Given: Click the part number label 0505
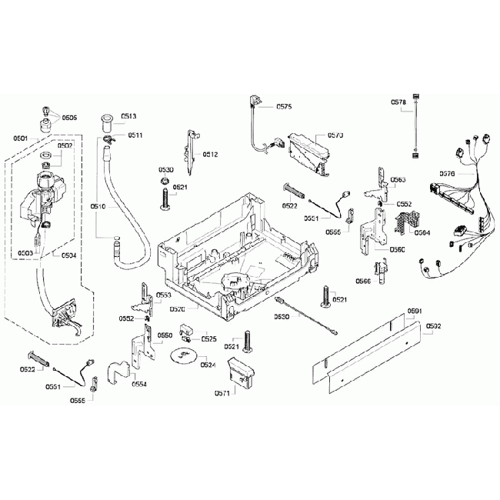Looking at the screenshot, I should (x=70, y=118).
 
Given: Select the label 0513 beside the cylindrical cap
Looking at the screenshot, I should (x=128, y=116).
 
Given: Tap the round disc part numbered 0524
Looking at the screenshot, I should (x=183, y=356).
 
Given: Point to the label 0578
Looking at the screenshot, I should (x=398, y=102).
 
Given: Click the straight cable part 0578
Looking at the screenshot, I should (x=416, y=127).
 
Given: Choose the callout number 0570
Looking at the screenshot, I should (x=335, y=135).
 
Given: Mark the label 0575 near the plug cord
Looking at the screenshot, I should (x=282, y=107).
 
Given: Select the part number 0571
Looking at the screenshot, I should (x=222, y=393).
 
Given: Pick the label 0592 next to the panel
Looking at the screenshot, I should (x=433, y=326).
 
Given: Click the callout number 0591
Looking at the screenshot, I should (x=415, y=311).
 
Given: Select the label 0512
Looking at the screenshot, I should (x=212, y=155).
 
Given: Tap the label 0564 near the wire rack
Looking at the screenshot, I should (x=422, y=232).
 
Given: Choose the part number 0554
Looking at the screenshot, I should (x=140, y=383).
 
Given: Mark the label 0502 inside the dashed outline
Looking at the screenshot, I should (x=65, y=145).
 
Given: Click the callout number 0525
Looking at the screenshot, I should (x=208, y=338).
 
